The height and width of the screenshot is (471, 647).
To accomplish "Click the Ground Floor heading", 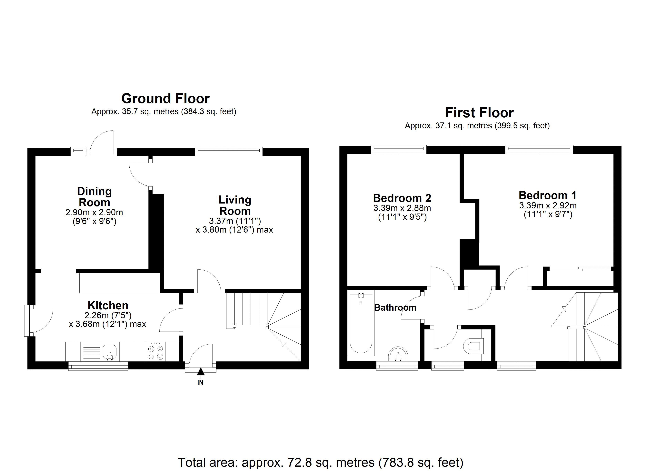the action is [x=165, y=99].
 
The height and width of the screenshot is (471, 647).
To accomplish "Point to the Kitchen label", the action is [x=108, y=305].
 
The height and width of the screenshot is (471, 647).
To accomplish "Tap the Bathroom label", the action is [x=395, y=308].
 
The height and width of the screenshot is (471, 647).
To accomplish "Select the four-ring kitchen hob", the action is [x=155, y=352].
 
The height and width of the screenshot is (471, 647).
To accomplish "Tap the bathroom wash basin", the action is [x=398, y=354].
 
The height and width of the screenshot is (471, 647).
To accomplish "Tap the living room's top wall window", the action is [x=228, y=151].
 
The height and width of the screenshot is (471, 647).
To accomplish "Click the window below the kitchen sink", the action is [x=98, y=366].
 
